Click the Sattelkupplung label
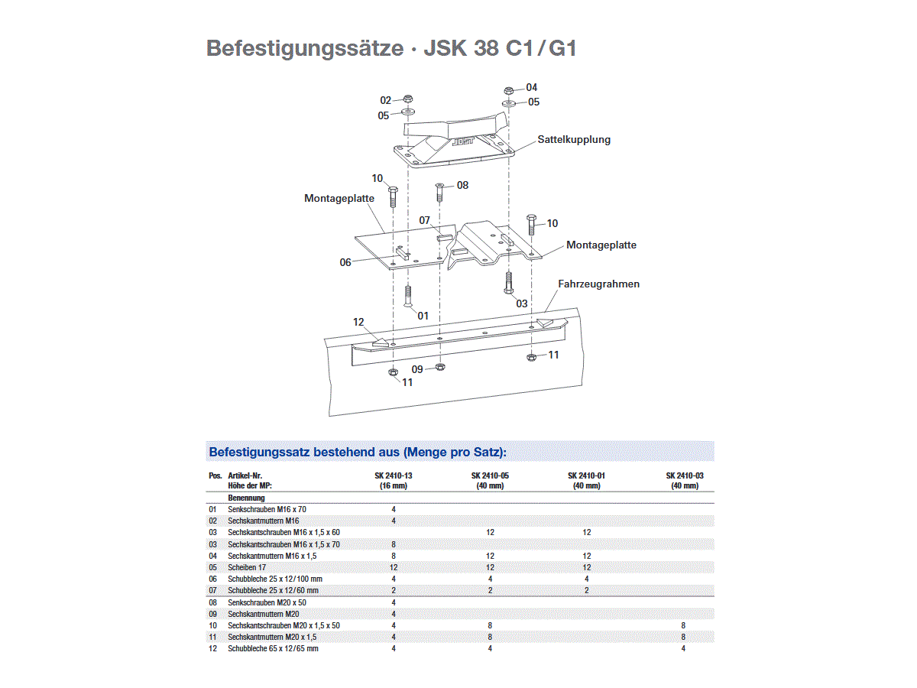click(x=574, y=140)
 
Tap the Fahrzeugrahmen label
click(x=598, y=284)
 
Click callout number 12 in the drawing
click(x=358, y=322)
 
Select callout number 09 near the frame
click(x=417, y=369)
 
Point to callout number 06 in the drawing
click(x=345, y=262)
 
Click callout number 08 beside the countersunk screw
click(x=462, y=185)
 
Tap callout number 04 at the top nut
click(x=531, y=87)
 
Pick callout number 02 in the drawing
click(x=386, y=100)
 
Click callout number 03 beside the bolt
click(x=521, y=303)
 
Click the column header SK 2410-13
click(x=394, y=475)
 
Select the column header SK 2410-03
click(x=684, y=475)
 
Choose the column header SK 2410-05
click(x=490, y=475)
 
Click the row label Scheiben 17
click(x=247, y=567)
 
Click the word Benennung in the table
click(x=246, y=498)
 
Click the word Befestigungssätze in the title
click(x=305, y=48)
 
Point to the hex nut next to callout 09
click(x=441, y=368)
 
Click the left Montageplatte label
click(x=339, y=198)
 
